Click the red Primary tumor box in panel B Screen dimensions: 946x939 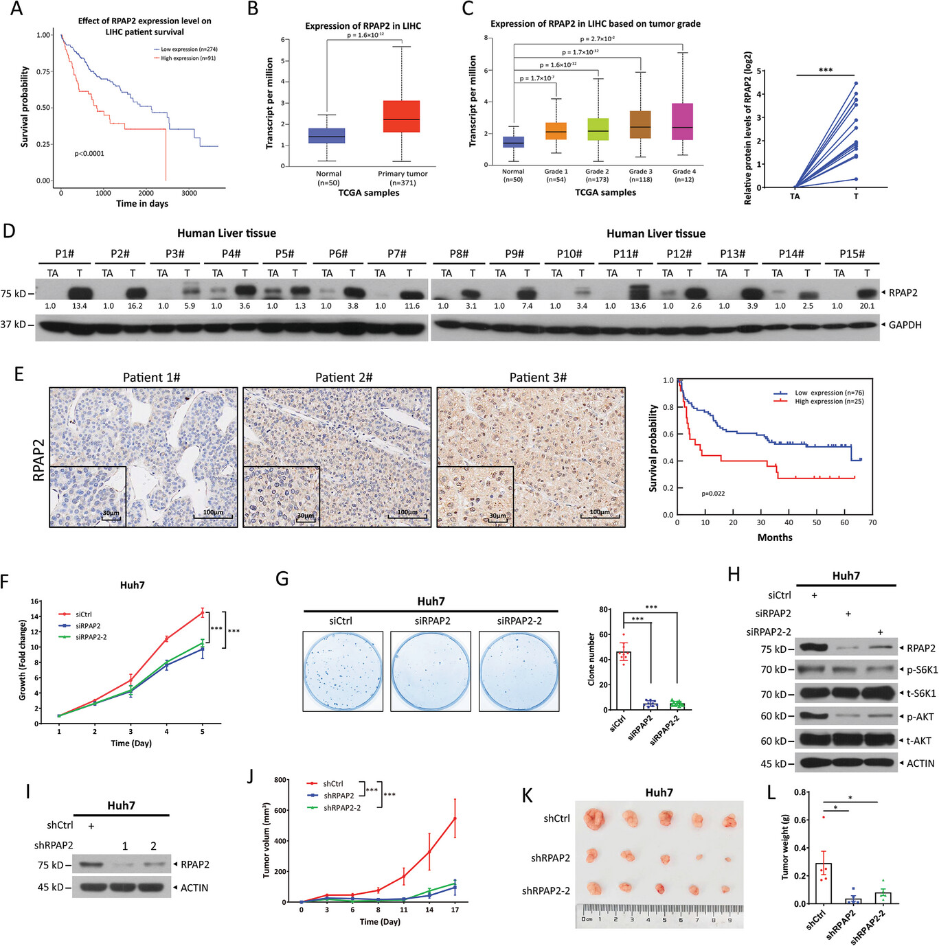[402, 117]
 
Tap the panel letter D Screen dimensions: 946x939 [9, 231]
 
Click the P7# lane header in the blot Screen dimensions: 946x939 [396, 254]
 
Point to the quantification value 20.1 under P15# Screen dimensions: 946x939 [868, 306]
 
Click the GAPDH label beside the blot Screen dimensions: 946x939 [905, 325]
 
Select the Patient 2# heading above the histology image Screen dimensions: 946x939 [343, 378]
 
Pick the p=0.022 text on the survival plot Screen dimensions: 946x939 [713, 494]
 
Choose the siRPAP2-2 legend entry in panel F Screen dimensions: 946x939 [91, 637]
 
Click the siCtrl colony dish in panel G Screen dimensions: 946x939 [342, 671]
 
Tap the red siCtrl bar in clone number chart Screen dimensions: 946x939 [624, 680]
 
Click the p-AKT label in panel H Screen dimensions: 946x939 [920, 717]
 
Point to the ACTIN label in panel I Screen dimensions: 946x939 [194, 888]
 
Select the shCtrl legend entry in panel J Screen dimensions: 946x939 [333, 784]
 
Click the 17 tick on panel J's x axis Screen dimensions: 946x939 [455, 910]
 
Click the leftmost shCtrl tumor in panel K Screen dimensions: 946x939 [593, 819]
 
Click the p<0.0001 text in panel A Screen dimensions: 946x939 [89, 154]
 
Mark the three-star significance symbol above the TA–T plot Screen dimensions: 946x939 [825, 70]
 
